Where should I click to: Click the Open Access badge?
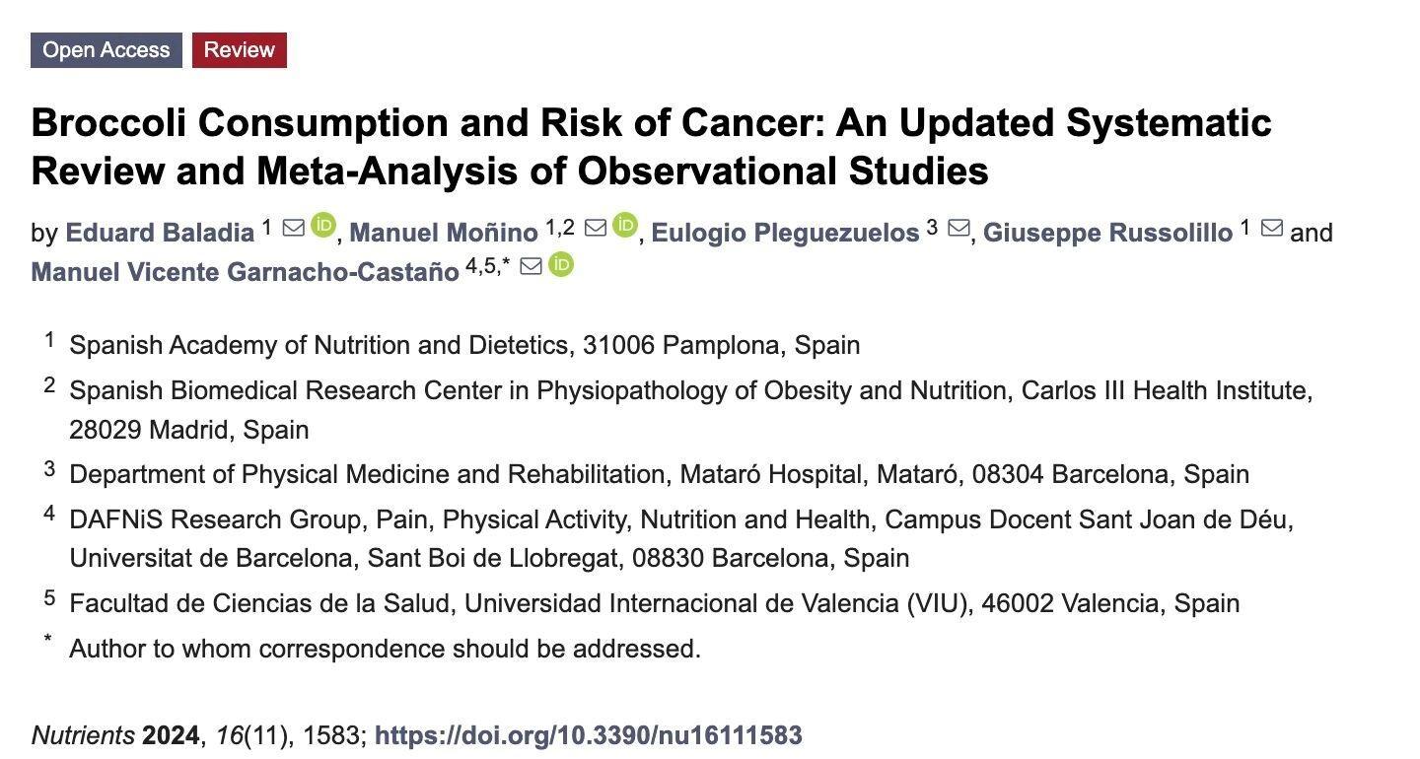tap(106, 50)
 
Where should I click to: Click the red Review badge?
tap(240, 50)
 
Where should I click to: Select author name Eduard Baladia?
tap(160, 234)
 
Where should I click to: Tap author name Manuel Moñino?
tap(444, 234)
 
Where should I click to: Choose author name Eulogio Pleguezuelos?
tap(785, 234)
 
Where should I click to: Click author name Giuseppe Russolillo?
tap(1107, 234)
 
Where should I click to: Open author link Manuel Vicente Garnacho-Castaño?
tap(245, 272)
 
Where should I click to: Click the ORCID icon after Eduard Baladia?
tap(323, 226)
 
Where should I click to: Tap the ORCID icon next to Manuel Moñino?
tap(625, 226)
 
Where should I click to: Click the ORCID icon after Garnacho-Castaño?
tap(561, 264)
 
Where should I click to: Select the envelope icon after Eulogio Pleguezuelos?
tap(958, 229)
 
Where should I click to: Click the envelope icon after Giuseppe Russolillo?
tap(1272, 229)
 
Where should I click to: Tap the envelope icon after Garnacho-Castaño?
tap(531, 266)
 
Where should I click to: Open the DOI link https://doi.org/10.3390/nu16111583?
tap(589, 735)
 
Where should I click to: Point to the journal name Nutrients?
tap(83, 735)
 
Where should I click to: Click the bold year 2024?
tap(172, 735)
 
